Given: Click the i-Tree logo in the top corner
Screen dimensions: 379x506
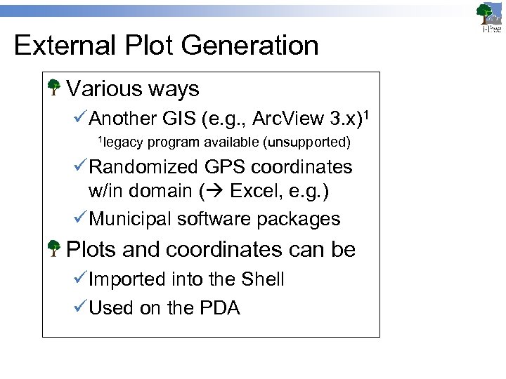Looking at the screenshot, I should click(x=488, y=18).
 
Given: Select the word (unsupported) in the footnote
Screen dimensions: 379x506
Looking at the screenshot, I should click(x=306, y=142).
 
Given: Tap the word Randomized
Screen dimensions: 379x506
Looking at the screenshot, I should click(x=144, y=167).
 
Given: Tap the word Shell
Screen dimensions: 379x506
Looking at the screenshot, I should click(x=262, y=279).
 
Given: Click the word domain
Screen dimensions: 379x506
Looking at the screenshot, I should click(x=160, y=191).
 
